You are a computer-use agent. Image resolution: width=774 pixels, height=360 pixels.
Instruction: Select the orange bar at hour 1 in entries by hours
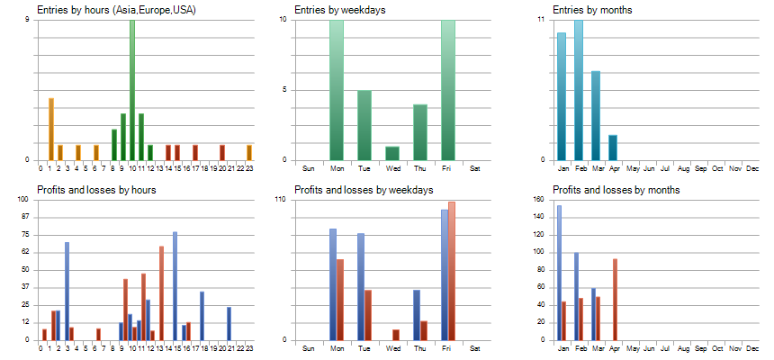click(x=51, y=129)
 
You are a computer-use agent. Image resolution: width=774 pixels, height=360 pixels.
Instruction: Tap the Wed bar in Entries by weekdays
click(x=392, y=153)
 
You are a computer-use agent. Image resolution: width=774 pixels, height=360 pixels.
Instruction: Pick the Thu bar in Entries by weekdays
click(x=420, y=132)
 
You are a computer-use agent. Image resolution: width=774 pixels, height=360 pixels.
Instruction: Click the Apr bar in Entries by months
click(x=613, y=148)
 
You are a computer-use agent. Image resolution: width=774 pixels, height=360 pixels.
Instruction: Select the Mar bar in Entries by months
click(x=596, y=115)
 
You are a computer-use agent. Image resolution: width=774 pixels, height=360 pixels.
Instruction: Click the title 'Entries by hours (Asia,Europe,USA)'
click(x=116, y=10)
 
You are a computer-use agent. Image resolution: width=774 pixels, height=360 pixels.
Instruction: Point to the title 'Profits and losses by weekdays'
click(x=364, y=190)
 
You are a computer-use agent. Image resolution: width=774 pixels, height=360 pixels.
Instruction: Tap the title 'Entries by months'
click(x=592, y=10)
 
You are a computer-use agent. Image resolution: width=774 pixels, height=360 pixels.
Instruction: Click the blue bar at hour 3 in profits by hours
click(x=67, y=291)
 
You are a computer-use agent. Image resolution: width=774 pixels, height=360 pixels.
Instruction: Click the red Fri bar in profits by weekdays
click(x=452, y=271)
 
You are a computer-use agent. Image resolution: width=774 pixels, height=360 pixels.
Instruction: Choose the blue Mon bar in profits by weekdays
click(x=333, y=284)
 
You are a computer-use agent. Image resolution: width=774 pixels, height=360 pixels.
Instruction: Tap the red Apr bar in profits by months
click(x=615, y=300)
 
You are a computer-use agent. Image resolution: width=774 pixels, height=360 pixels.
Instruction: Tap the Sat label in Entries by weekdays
click(x=475, y=168)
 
